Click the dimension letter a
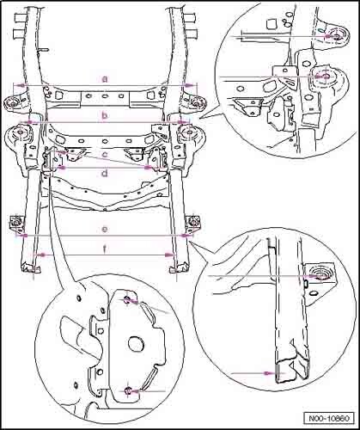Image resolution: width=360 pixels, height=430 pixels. (x=105, y=79)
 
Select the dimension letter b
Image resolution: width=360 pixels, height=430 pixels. (x=105, y=116)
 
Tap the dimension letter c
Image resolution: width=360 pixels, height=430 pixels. (x=105, y=155)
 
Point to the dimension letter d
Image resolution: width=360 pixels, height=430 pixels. (x=105, y=173)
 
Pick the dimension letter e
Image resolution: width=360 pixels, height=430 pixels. (x=105, y=229)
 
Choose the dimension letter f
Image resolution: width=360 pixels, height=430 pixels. (x=105, y=249)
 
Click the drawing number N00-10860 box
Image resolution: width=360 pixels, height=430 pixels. (x=329, y=418)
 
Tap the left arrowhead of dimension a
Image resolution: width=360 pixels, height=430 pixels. (x=20, y=85)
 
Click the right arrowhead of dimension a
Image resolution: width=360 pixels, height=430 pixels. (x=189, y=85)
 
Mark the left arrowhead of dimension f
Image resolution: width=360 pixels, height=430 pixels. (x=41, y=255)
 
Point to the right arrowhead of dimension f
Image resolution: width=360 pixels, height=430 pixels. (x=169, y=255)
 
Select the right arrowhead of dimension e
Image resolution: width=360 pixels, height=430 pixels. (x=186, y=236)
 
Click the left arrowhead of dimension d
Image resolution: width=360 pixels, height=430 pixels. (x=62, y=168)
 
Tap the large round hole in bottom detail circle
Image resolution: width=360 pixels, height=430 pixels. (x=136, y=343)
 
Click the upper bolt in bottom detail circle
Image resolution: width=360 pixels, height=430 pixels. (x=127, y=300)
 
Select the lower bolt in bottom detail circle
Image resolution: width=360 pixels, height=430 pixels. (x=129, y=390)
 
